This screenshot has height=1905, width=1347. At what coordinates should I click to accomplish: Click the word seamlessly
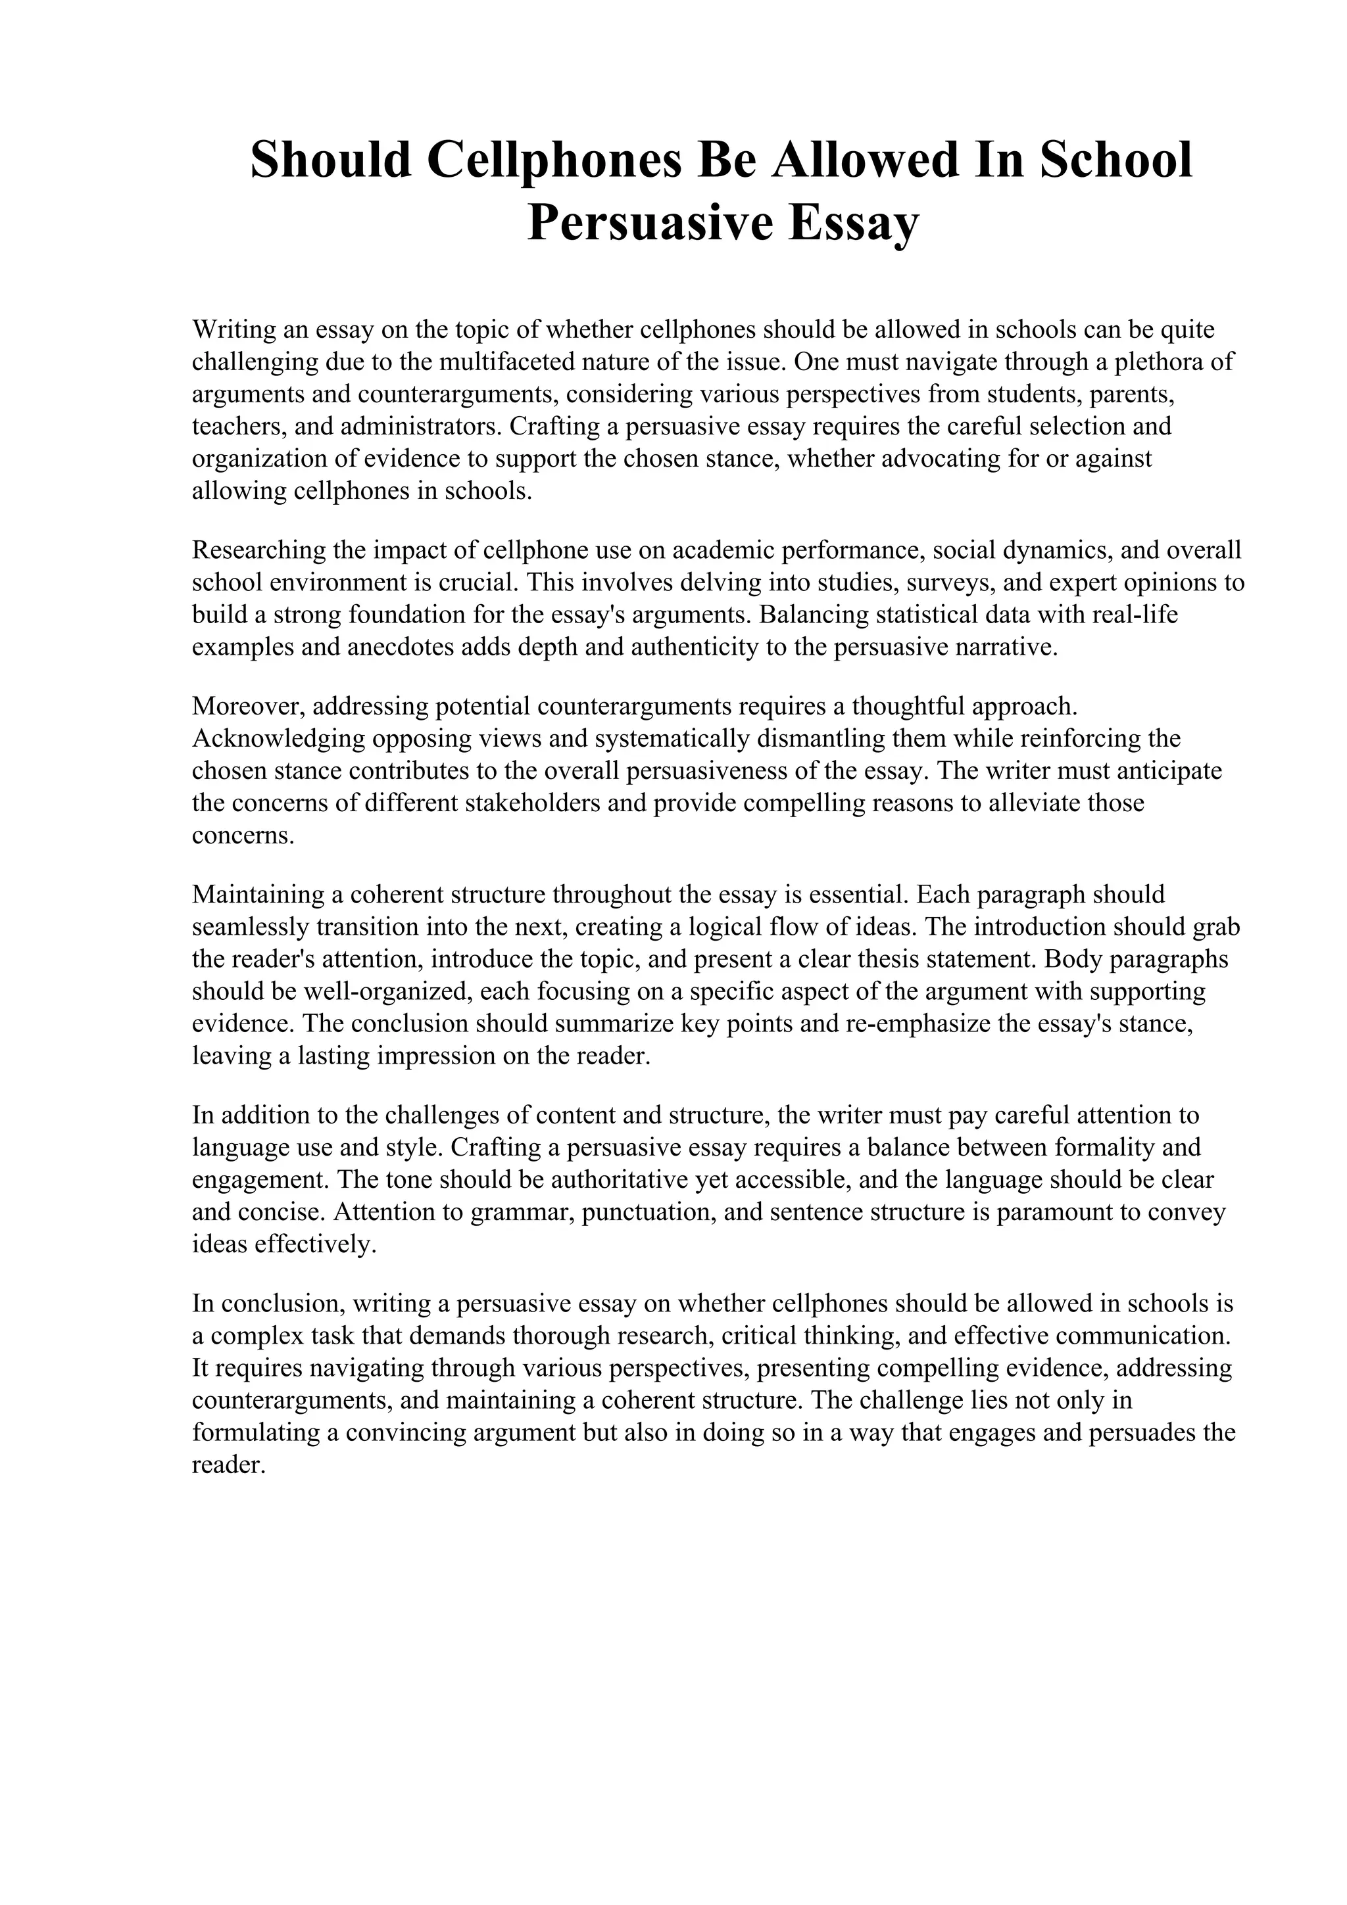point(251,927)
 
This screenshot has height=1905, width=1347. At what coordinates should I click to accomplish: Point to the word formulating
point(257,1433)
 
